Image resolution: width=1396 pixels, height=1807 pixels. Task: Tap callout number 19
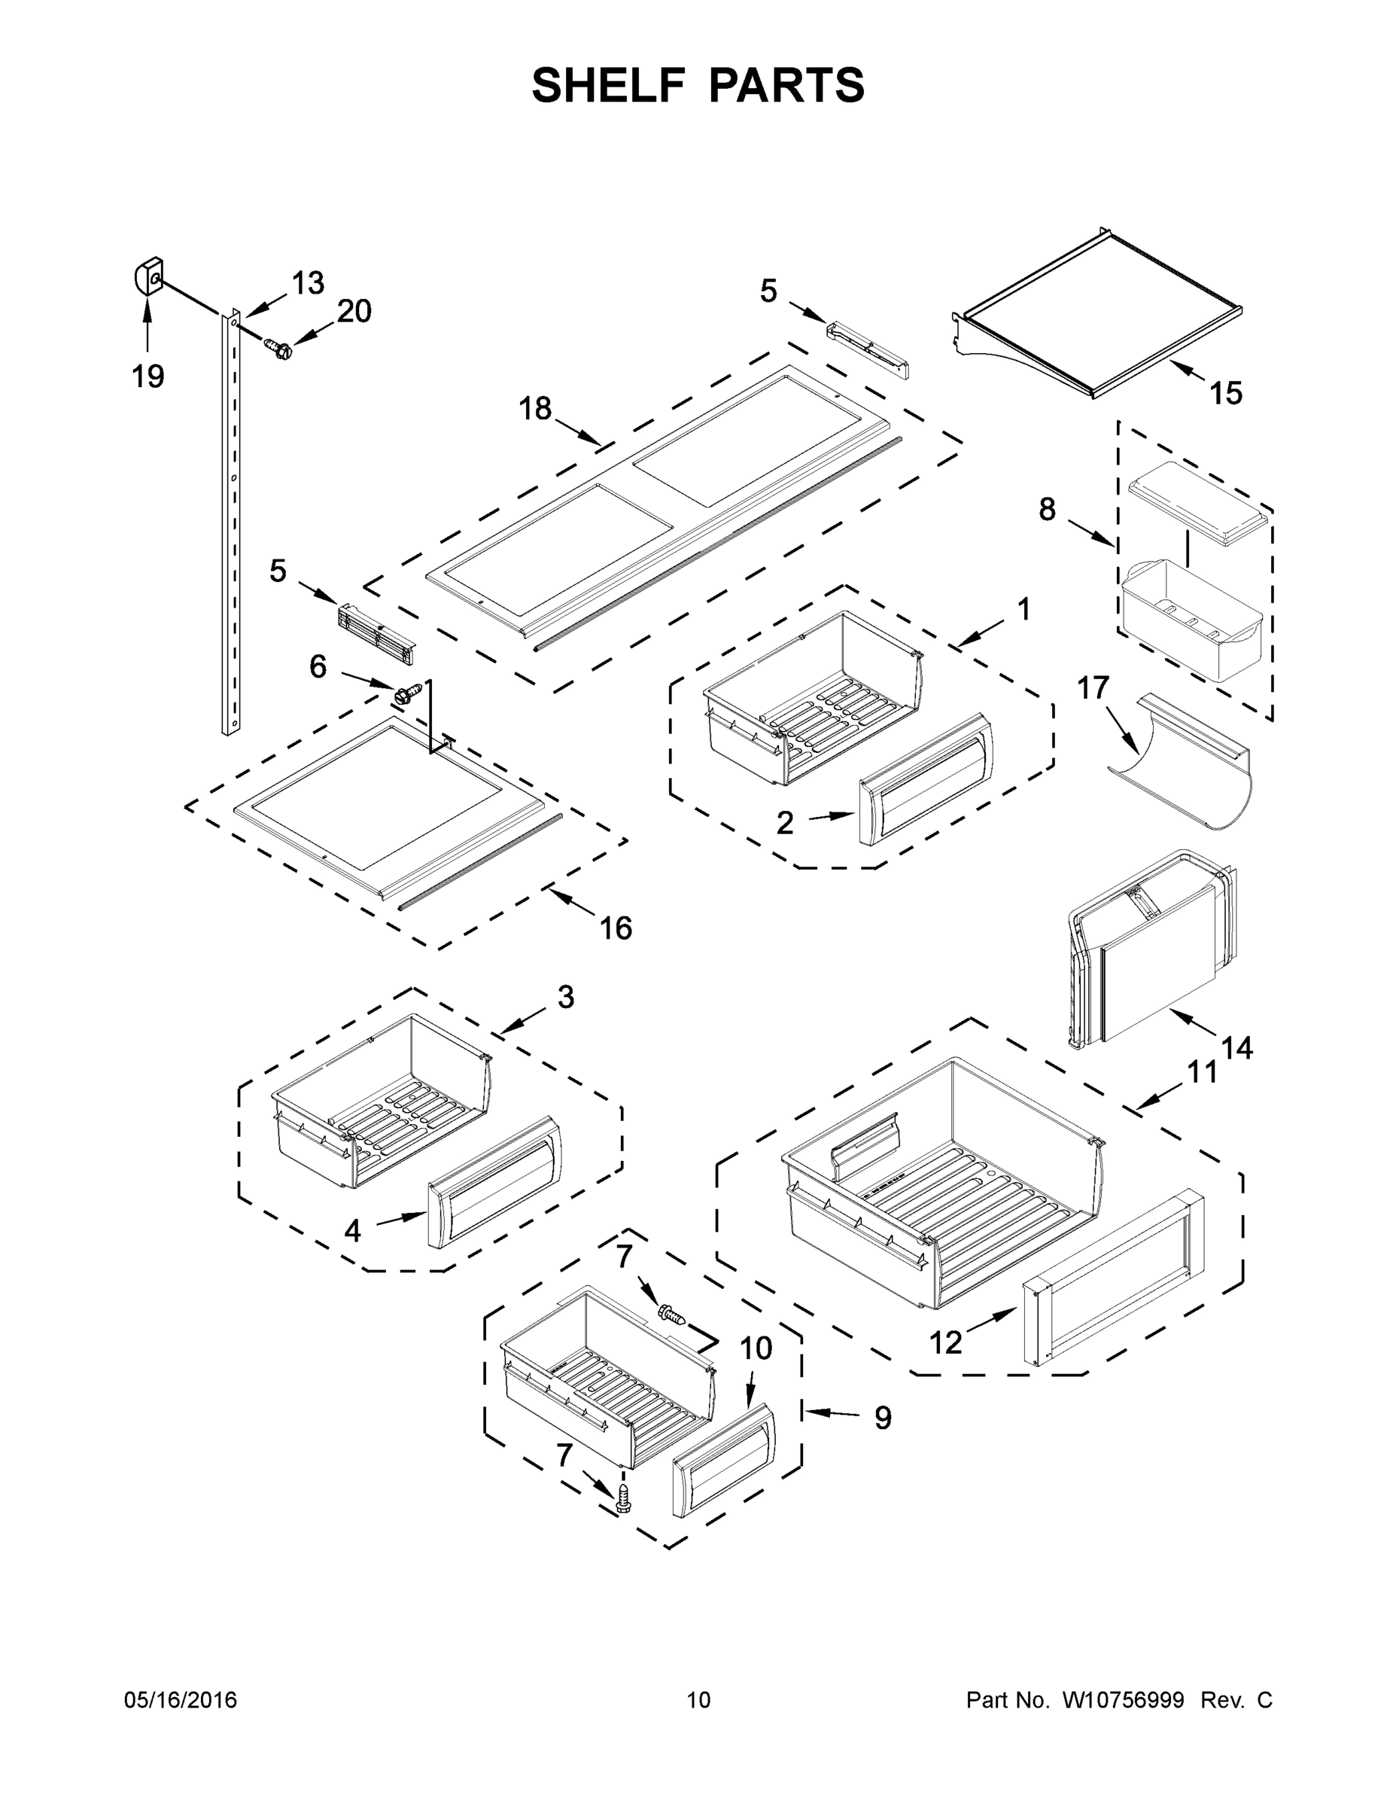148,376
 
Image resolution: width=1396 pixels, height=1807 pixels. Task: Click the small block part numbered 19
148,276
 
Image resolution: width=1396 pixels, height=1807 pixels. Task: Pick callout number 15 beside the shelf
1226,393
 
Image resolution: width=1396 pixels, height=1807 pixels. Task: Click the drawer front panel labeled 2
925,778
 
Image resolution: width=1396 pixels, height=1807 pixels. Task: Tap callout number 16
616,928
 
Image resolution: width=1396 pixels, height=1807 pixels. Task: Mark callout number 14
1237,1048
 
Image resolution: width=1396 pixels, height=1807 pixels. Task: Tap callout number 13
308,283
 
